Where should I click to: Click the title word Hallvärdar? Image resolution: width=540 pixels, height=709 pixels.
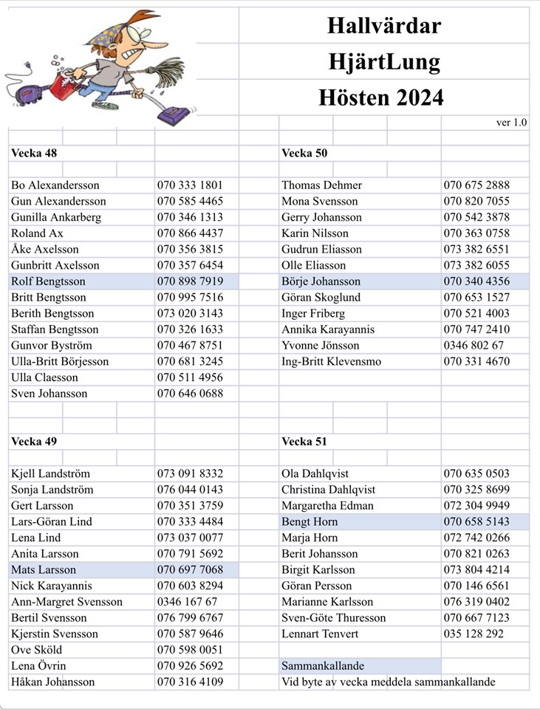[x=384, y=27]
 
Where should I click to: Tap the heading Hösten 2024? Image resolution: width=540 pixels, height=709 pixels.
[x=381, y=97]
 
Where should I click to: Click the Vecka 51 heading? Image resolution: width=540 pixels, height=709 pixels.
[x=304, y=441]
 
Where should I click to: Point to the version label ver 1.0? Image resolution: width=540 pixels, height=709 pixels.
[x=511, y=123]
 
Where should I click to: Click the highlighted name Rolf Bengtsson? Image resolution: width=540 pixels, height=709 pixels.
[x=48, y=281]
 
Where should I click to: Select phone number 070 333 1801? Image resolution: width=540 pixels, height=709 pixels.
[x=190, y=185]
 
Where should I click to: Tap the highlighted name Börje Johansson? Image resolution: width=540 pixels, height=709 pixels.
[x=321, y=281]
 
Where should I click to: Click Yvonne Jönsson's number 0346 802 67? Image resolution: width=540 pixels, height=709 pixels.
[x=474, y=346]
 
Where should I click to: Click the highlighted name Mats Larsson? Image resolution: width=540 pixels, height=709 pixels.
[x=44, y=569]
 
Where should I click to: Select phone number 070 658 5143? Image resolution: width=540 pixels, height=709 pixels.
[x=476, y=521]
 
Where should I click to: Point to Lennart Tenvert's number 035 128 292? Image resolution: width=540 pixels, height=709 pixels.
[x=474, y=634]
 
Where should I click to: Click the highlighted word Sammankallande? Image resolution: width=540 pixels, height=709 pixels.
[x=323, y=665]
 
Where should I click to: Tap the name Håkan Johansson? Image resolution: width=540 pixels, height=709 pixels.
[x=52, y=682]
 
